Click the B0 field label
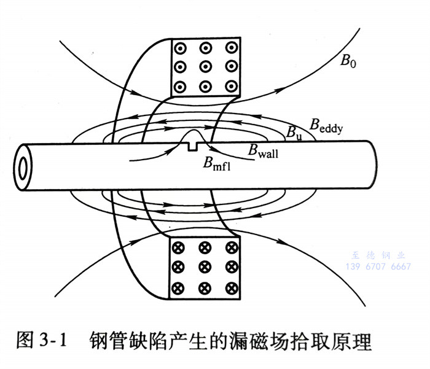pyautogui.click(x=348, y=61)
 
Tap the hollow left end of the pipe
pyautogui.click(x=24, y=166)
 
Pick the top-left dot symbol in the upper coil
pyautogui.click(x=180, y=47)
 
